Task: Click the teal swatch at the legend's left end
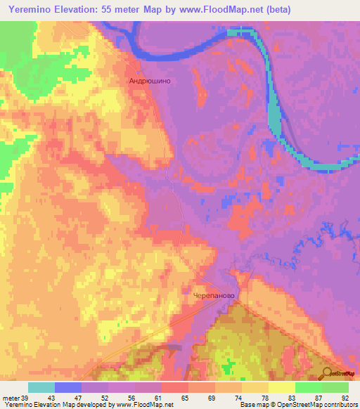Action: click(41, 387)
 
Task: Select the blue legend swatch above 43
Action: click(68, 387)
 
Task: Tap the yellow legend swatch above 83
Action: click(282, 387)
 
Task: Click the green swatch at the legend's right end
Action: click(335, 387)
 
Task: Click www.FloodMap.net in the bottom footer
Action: click(149, 404)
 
